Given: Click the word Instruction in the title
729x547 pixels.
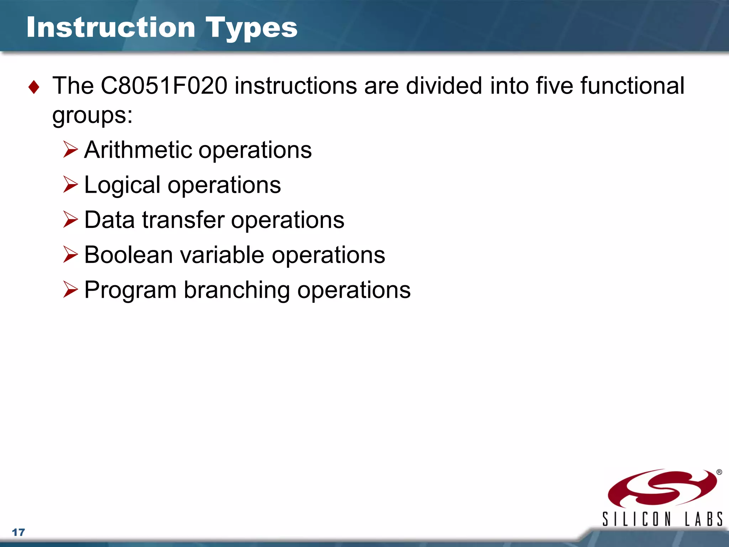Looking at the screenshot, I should [x=111, y=27].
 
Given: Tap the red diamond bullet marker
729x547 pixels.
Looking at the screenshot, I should [x=34, y=87].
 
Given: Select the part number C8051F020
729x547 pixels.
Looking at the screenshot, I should [x=164, y=86].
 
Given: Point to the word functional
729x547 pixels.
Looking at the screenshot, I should [x=632, y=86].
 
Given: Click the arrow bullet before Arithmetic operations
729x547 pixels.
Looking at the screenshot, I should [x=70, y=150].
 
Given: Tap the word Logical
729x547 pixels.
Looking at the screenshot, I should [x=122, y=185].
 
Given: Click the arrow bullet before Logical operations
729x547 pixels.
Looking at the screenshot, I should [x=70, y=184].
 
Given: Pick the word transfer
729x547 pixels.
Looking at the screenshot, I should [x=183, y=220].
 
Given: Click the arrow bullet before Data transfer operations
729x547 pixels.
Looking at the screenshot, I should [x=70, y=219].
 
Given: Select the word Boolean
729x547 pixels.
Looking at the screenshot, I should [x=129, y=255].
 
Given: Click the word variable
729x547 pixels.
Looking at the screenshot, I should [x=222, y=255].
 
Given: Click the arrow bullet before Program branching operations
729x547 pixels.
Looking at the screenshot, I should [x=70, y=290].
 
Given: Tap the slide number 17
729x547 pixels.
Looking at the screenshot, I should [x=19, y=532].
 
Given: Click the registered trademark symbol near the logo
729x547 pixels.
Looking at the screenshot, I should [x=719, y=472].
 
